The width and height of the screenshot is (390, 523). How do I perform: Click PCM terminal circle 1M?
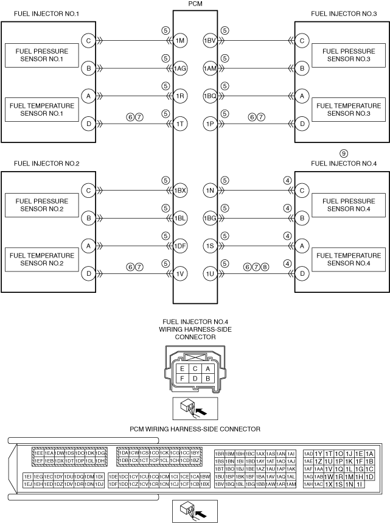coord(180,41)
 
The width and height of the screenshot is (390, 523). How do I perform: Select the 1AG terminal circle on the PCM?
coord(180,69)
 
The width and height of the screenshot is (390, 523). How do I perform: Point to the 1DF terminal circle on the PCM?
coord(180,246)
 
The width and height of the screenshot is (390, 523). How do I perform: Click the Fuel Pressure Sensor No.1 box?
coord(41,55)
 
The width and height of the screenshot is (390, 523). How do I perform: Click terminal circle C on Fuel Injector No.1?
coord(89,41)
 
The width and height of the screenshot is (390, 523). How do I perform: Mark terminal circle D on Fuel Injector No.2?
coord(89,273)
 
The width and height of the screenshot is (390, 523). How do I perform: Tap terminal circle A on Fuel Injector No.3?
coord(301,96)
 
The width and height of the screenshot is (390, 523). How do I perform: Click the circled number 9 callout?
coord(344,153)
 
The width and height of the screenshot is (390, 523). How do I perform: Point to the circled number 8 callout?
coord(265,266)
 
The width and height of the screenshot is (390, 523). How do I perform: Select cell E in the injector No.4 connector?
coord(181,368)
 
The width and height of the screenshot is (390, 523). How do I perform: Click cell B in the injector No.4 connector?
coord(208,379)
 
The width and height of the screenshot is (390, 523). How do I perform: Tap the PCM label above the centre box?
coord(195,4)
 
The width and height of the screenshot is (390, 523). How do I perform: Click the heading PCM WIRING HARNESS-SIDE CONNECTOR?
coord(195,429)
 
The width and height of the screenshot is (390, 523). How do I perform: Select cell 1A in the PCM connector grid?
coord(370,454)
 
